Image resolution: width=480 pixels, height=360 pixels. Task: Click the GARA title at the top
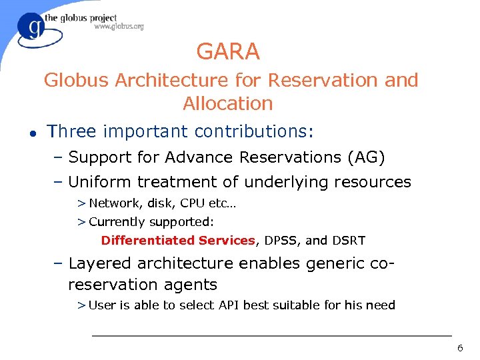coord(228,51)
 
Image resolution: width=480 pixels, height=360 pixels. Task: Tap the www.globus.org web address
coord(119,27)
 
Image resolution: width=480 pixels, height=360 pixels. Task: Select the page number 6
coord(459,349)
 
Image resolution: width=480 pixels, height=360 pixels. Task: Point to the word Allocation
coord(228,103)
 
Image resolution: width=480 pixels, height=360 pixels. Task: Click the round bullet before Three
coord(24,132)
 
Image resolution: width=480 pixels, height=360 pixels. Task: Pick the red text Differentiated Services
coord(178,241)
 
